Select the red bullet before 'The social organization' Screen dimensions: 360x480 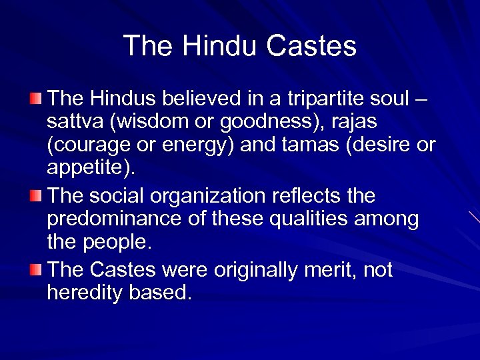pyautogui.click(x=38, y=196)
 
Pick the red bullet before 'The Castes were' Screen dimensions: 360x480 pyautogui.click(x=38, y=269)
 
